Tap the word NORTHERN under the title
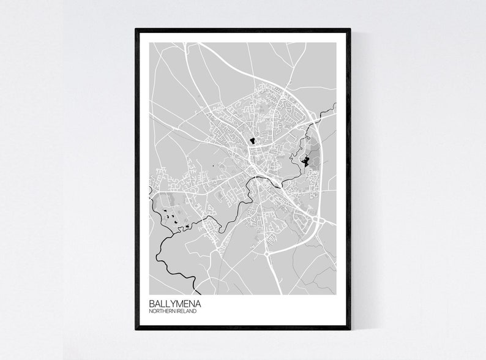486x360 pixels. point(162,312)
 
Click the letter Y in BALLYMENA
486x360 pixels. point(171,303)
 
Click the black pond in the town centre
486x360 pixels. point(252,141)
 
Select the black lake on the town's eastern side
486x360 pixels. point(304,161)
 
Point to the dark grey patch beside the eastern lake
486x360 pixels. point(313,160)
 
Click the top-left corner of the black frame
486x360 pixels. point(136,29)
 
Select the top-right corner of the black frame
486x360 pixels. point(350,29)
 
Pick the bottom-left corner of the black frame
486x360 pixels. point(136,329)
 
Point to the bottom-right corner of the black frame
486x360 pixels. point(350,329)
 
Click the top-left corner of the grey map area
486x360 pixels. point(149,42)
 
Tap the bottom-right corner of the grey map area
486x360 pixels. point(336,294)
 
